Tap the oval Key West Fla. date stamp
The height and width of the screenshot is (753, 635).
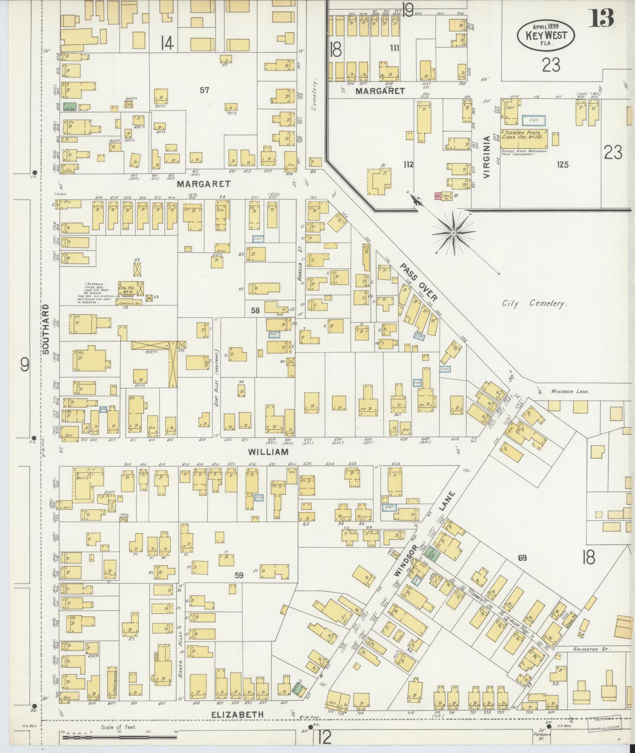click(x=546, y=35)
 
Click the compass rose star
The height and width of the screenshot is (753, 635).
click(x=454, y=233)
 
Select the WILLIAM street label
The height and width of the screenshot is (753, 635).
click(x=268, y=452)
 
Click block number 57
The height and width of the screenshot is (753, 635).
click(x=204, y=90)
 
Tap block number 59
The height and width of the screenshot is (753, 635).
click(x=239, y=575)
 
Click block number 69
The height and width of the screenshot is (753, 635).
click(x=522, y=558)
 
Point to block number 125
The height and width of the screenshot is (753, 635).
click(x=563, y=165)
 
